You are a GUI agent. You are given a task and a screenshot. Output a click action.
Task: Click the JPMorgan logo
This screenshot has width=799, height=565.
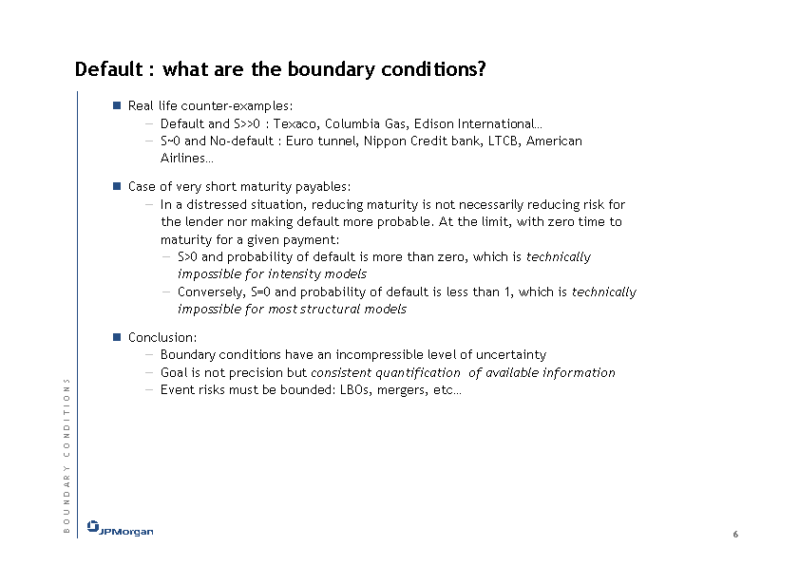coord(120,529)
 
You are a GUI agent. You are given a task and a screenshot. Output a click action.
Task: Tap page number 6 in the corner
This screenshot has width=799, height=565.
coord(735,534)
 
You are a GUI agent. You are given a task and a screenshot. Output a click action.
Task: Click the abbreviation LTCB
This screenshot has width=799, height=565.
coord(504,141)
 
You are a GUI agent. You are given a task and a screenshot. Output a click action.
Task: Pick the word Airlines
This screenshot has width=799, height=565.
coord(183,158)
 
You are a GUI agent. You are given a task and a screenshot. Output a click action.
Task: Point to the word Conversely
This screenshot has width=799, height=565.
coord(211,292)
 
